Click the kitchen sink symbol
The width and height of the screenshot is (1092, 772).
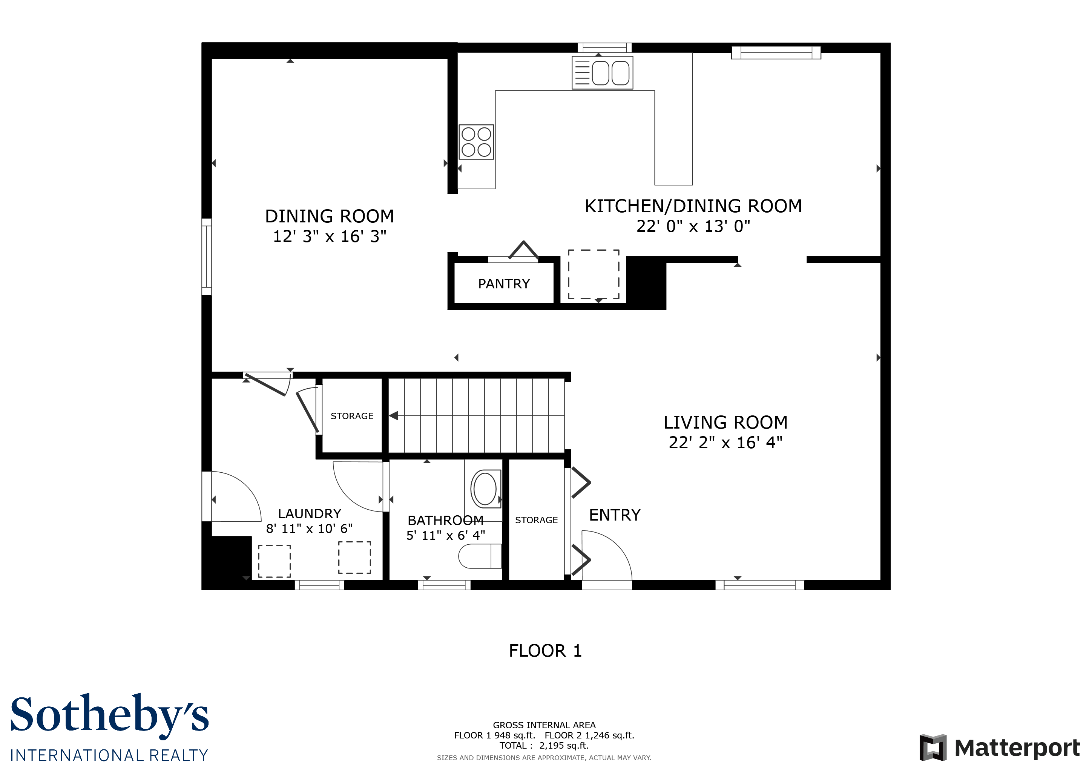coord(602,73)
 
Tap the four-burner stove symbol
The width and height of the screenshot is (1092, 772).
coord(476,142)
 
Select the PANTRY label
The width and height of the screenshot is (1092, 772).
coord(504,284)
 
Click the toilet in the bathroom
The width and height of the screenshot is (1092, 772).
coord(479,556)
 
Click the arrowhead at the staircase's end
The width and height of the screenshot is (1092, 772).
coord(393,415)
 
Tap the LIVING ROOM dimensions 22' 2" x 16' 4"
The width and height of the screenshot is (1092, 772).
coord(725,443)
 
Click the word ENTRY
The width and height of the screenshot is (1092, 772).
coord(615,515)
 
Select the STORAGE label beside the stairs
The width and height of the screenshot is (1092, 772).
coord(352,416)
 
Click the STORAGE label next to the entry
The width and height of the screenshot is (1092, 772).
coord(536,520)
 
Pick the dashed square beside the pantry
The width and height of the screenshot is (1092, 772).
coord(594,274)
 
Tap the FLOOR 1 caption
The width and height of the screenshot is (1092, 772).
coord(545,651)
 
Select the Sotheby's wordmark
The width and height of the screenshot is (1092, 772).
coord(109,715)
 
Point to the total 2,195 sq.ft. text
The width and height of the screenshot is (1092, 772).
coord(544,745)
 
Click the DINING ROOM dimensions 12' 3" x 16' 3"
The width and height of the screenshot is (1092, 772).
coord(329,236)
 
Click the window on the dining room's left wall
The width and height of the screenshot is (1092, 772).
coord(206,257)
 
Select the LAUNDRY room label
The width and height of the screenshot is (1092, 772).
coord(310,513)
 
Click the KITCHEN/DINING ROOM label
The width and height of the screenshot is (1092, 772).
coord(693,206)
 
